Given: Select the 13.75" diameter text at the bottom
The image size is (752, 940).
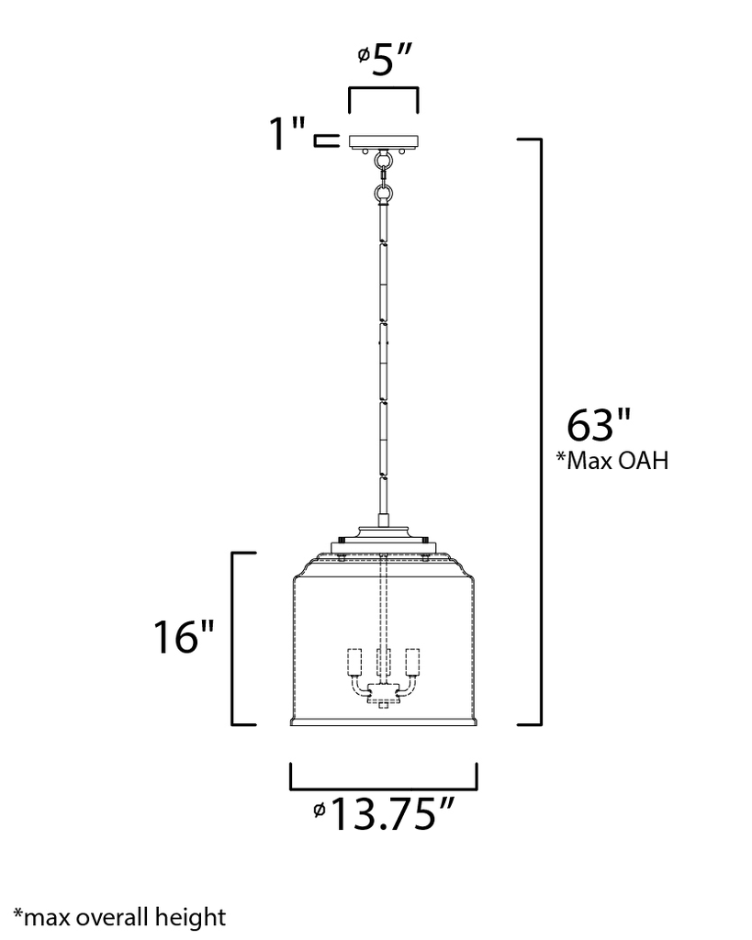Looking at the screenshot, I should [x=392, y=812].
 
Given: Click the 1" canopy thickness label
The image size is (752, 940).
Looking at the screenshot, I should [x=286, y=135].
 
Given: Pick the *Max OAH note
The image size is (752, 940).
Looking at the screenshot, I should [x=612, y=461].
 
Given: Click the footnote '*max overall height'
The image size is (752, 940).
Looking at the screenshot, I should [x=119, y=915].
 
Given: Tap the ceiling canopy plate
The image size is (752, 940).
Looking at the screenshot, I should [x=383, y=141].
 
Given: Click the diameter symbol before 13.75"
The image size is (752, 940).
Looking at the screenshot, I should [x=318, y=810].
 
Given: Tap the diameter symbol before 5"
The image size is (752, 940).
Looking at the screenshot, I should [x=364, y=57].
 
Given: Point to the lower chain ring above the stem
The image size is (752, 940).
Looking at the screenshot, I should [x=383, y=194].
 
